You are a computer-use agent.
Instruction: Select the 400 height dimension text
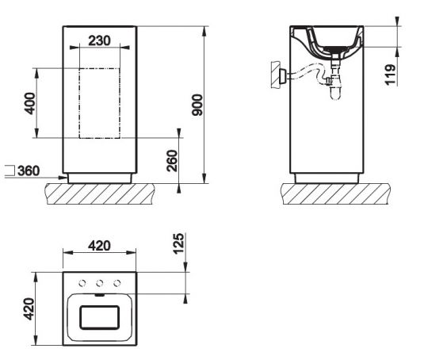29,103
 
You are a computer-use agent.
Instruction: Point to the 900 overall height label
197,104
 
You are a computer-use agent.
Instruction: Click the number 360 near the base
30,170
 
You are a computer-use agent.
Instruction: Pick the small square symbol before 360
9,170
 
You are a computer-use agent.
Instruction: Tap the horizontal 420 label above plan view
99,245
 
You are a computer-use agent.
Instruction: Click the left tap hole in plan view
82,283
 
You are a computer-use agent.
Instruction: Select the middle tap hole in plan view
99,283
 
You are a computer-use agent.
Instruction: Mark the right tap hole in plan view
117,283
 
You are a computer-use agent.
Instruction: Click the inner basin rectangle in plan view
99,319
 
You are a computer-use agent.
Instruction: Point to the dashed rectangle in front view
99,103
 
